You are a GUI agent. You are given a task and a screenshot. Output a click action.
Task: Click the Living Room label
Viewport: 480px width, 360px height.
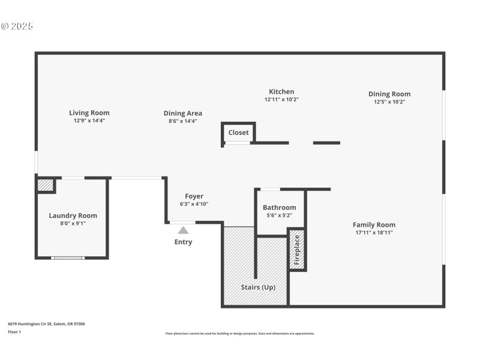click(x=89, y=112)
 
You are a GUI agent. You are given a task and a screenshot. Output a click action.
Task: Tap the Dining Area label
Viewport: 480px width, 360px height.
click(x=182, y=113)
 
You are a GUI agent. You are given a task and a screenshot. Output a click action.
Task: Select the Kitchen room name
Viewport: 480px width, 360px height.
click(x=281, y=92)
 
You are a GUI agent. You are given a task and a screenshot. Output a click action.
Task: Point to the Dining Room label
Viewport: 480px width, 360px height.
click(x=389, y=94)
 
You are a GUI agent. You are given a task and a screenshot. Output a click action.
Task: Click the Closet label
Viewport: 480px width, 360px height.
click(x=238, y=133)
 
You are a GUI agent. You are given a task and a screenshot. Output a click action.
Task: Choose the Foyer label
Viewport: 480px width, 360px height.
click(x=194, y=196)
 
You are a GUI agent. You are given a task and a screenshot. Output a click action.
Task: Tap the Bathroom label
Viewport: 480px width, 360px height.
click(x=279, y=208)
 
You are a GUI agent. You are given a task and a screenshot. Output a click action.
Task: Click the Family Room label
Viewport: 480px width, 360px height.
click(x=374, y=224)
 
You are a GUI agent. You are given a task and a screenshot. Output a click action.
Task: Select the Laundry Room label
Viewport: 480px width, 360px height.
click(x=73, y=215)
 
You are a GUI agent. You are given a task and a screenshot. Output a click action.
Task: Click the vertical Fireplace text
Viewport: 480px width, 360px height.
click(x=296, y=250)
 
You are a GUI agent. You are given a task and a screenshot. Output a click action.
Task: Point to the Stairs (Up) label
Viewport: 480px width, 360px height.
click(x=258, y=287)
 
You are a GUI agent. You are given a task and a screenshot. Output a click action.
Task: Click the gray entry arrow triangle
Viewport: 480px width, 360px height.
click(x=183, y=230)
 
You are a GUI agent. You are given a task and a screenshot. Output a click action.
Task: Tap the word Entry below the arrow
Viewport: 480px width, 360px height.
click(x=183, y=242)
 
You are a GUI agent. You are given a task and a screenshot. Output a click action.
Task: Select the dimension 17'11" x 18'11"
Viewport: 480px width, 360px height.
click(x=374, y=233)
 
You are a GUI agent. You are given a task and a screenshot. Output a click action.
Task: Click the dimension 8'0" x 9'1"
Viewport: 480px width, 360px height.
click(x=73, y=224)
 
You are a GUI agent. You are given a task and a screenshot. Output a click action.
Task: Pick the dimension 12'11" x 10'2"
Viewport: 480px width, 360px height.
click(x=281, y=100)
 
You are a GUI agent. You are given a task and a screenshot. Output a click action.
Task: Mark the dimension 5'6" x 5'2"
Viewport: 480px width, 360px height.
click(x=279, y=215)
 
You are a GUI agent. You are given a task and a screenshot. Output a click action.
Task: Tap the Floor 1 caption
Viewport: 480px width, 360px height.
click(x=14, y=332)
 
